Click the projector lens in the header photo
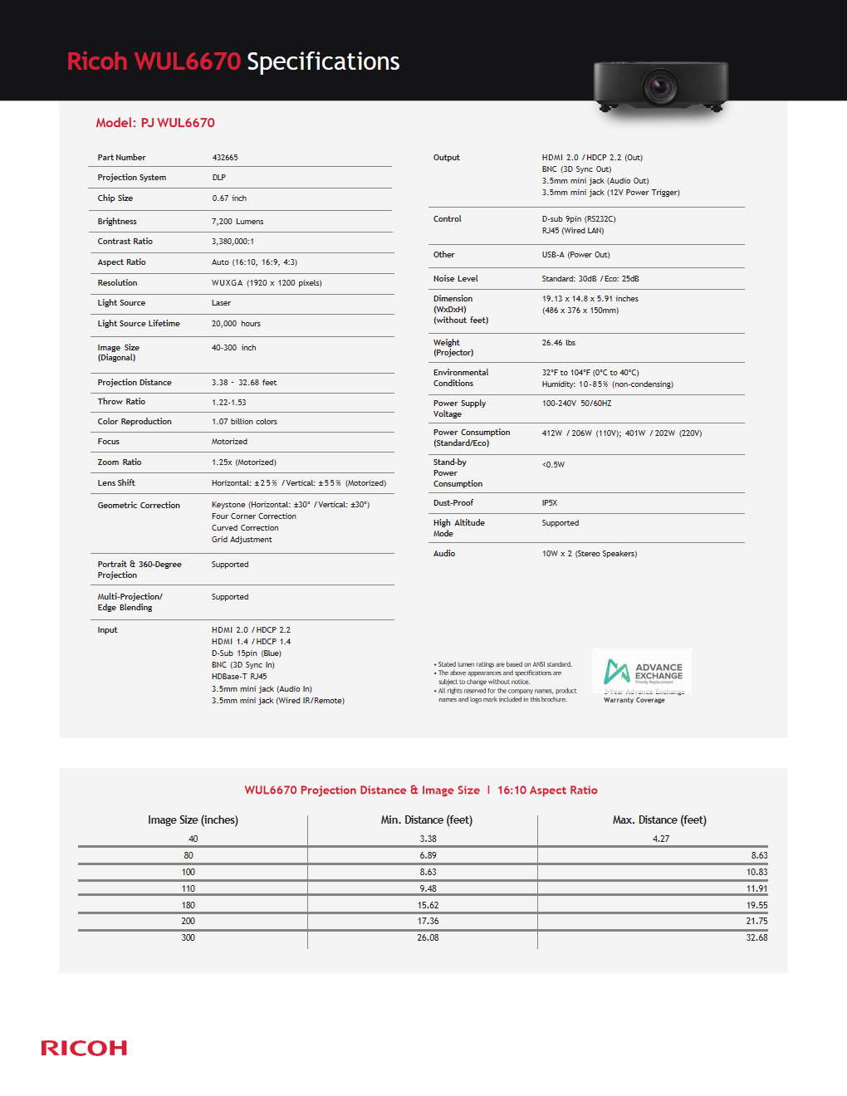pos(661,86)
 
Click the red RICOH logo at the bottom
pos(84,1048)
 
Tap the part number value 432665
pos(225,158)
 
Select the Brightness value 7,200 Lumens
pos(237,222)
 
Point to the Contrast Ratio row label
pos(125,242)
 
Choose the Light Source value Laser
pos(221,303)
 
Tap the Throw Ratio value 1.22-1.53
pos(229,402)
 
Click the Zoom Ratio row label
pos(120,462)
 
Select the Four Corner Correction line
pos(253,516)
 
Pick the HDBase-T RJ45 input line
pos(239,677)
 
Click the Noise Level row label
pos(456,279)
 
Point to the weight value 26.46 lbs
pos(559,343)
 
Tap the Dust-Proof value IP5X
pos(550,503)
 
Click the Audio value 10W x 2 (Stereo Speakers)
pos(590,554)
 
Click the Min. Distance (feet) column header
pos(427,820)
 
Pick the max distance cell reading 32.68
pos(756,938)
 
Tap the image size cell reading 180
pos(188,906)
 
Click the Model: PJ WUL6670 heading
pos(155,123)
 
